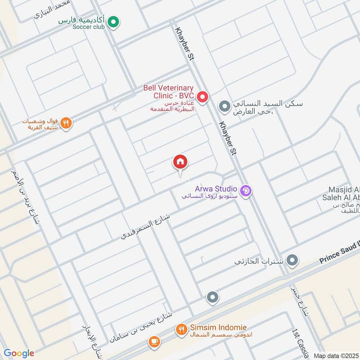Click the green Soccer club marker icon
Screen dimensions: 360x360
coord(114,21)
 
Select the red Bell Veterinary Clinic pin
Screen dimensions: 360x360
coord(202,96)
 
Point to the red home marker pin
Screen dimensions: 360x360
coord(180,162)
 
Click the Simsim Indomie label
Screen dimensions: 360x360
coord(211,328)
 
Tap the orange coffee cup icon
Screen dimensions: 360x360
coord(154,341)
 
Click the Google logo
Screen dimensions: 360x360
coord(19,353)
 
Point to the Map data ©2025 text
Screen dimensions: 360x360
coord(336,355)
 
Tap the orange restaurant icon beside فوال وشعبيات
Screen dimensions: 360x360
coord(67,123)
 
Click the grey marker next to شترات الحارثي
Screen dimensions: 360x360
coord(292,260)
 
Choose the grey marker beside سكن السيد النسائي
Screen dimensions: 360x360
coord(224,107)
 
